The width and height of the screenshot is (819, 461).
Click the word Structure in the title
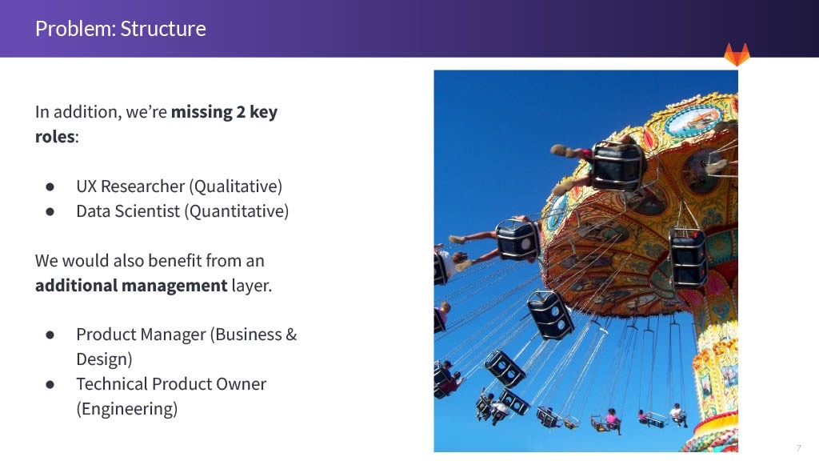click(x=163, y=29)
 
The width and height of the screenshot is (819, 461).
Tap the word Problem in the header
click(x=75, y=29)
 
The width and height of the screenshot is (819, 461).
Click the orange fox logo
click(x=737, y=54)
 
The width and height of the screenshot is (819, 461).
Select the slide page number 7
click(x=799, y=448)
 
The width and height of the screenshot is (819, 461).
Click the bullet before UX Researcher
click(x=50, y=186)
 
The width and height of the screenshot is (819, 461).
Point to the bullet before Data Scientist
click(x=50, y=211)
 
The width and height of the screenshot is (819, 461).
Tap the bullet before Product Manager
click(x=50, y=335)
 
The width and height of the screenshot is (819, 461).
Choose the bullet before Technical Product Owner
click(x=50, y=385)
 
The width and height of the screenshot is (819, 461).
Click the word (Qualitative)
click(x=236, y=186)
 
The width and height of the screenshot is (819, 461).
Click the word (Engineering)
click(x=127, y=409)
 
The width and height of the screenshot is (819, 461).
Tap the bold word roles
click(x=55, y=137)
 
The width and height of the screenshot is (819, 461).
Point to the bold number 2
click(x=241, y=112)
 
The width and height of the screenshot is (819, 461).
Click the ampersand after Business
click(x=291, y=335)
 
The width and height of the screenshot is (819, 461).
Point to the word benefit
click(x=170, y=261)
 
